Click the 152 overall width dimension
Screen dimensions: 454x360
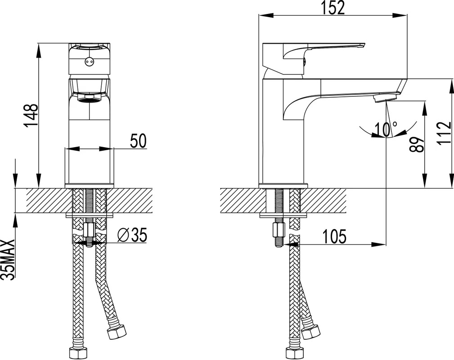coord(333,8)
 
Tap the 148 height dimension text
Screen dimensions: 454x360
coord(31,115)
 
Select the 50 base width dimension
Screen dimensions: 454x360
coord(139,141)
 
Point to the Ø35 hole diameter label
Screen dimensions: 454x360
coord(132,235)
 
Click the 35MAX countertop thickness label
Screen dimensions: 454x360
coord(8,260)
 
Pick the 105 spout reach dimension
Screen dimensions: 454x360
coord(334,236)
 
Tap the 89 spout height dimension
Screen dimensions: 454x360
coord(417,144)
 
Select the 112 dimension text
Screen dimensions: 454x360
coord(445,133)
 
